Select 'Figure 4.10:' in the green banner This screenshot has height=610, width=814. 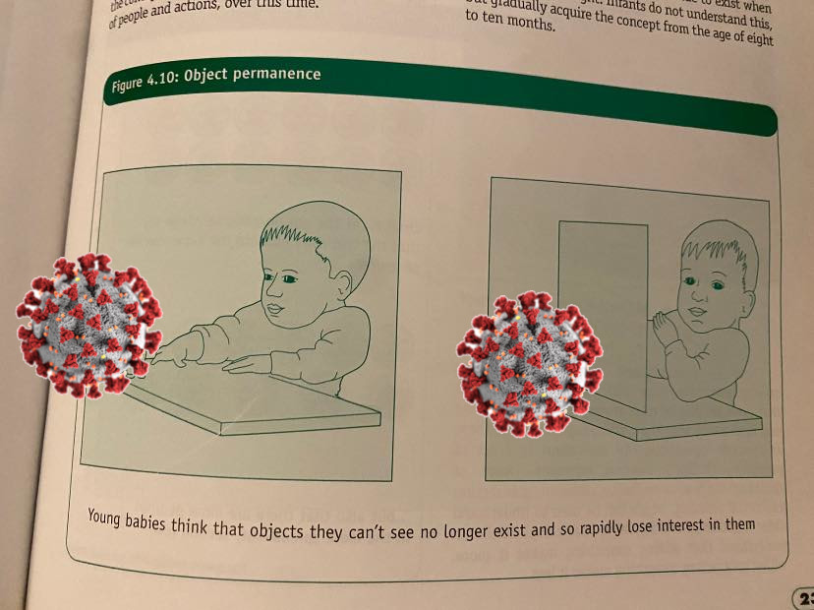pos(144,86)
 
